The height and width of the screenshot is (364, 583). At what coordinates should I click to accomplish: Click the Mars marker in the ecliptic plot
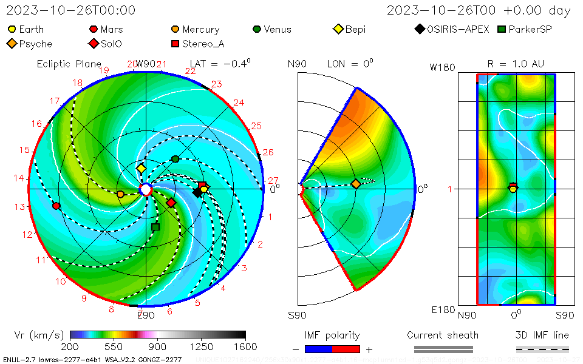click(x=56, y=206)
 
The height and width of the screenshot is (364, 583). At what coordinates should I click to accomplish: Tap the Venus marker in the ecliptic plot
click(x=176, y=159)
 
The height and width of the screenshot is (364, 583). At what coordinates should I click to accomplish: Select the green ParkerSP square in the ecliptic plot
click(x=155, y=227)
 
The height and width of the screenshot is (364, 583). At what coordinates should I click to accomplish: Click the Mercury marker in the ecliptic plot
click(x=120, y=194)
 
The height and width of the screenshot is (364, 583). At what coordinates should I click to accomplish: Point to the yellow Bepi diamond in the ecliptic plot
click(x=141, y=168)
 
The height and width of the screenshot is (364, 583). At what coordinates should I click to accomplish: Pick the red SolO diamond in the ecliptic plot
click(x=171, y=203)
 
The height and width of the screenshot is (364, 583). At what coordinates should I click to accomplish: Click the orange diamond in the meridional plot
click(x=356, y=184)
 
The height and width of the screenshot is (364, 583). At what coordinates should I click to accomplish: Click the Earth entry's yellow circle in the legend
click(x=12, y=29)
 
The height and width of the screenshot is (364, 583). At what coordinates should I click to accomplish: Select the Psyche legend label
click(x=35, y=44)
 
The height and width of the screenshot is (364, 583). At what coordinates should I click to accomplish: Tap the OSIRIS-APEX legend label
click(x=457, y=29)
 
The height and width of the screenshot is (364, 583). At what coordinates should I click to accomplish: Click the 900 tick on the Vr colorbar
click(x=158, y=346)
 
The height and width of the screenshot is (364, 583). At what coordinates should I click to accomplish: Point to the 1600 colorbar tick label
click(x=245, y=346)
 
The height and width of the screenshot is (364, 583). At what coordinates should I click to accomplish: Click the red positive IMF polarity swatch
click(x=346, y=349)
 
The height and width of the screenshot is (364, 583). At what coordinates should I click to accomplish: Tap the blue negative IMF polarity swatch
click(x=319, y=349)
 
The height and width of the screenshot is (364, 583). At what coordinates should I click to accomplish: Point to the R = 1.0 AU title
click(x=516, y=64)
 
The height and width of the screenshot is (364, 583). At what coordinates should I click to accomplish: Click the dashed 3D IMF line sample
click(x=542, y=349)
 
